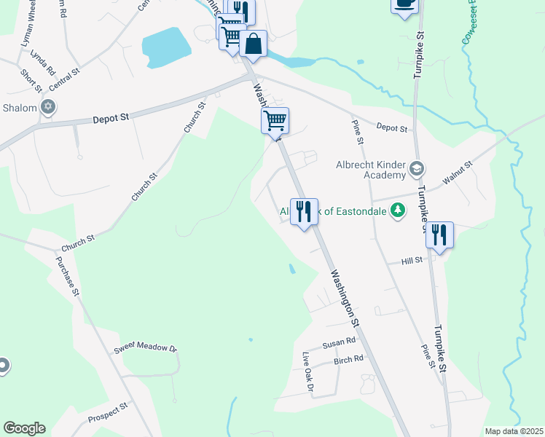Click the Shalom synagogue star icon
coord(49,108)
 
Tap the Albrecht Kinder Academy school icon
coord(416,170)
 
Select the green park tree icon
coord(398,211)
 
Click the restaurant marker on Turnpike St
coord(439,235)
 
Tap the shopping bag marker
coord(253,44)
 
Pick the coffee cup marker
coord(404,4)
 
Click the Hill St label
coord(412,261)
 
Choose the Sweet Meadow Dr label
coord(146,349)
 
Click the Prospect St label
coord(108,413)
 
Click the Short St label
coord(31,80)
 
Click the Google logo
coord(24,428)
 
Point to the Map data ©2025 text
coord(513,431)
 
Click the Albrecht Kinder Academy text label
coord(370,170)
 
